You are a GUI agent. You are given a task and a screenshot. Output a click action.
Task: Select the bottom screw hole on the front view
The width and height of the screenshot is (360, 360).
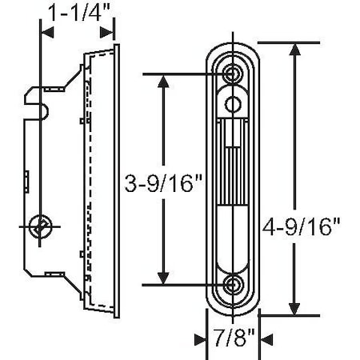[234, 284]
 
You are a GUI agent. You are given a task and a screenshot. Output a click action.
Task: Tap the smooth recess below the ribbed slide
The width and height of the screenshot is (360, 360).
[234, 240]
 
